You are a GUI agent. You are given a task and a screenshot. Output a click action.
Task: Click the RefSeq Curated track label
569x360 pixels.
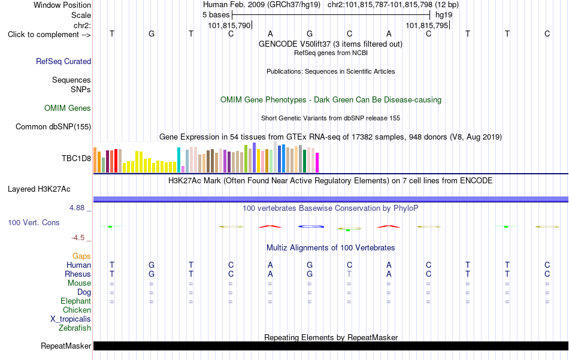coord(63,61)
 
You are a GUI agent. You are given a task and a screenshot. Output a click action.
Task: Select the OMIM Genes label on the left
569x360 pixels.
coord(68,108)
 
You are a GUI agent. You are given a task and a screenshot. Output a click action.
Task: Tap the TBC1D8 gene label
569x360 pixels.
coord(76,158)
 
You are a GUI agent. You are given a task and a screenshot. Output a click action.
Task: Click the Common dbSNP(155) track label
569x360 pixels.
coord(53,126)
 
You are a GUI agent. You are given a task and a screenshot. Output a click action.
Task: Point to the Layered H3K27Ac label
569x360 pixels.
coord(39,189)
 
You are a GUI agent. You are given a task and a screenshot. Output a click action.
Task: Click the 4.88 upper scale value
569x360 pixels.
coord(77,208)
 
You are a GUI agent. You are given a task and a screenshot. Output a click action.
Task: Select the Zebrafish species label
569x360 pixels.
coord(75,328)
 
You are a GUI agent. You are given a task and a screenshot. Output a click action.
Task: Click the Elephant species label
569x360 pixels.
coord(76,301)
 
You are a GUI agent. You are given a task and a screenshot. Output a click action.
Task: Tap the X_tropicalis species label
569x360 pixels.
coord(71,319)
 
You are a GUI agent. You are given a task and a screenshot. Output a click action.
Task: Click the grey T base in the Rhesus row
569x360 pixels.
coord(349,274)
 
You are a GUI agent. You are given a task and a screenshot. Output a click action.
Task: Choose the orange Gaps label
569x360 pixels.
coord(81,256)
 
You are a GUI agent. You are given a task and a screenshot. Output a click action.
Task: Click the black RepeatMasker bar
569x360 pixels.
coord(331,346)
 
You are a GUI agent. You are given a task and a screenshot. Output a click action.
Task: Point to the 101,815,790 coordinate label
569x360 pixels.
coord(229,25)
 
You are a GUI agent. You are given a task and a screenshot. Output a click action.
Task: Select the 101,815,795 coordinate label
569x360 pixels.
coord(427,25)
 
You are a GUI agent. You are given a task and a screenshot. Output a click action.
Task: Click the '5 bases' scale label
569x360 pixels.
coord(216,15)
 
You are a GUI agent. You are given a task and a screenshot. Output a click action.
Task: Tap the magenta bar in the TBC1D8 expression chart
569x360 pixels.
coord(317,162)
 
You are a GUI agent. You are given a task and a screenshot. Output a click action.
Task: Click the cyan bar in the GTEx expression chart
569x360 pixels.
coord(178,160)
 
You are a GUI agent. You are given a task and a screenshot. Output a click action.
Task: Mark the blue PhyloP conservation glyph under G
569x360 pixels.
coord(311,226)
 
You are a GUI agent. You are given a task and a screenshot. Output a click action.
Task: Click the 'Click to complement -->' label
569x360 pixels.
coord(49,35)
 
